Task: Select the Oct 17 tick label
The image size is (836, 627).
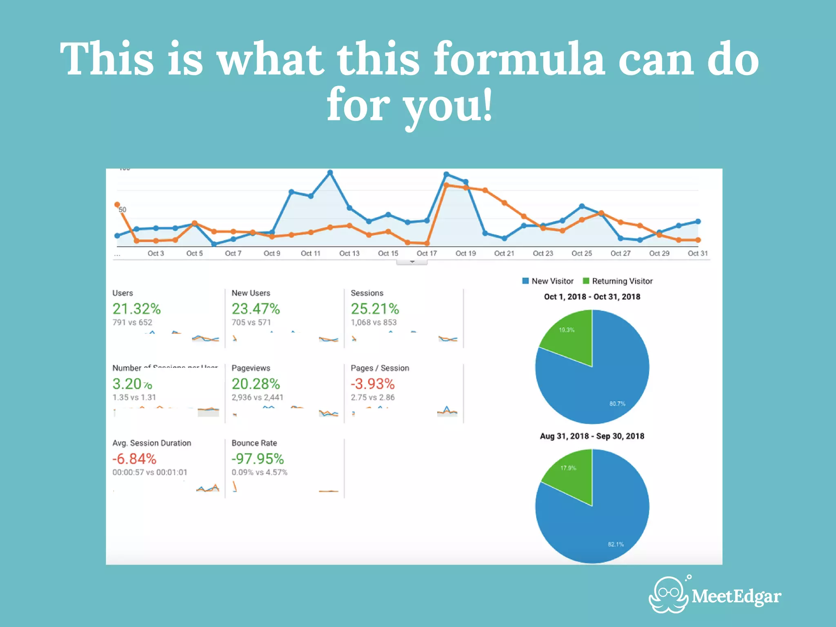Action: point(427,253)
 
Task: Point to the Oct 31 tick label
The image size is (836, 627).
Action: point(698,253)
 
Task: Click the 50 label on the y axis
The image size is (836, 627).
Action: point(122,210)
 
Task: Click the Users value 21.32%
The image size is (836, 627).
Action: point(136,309)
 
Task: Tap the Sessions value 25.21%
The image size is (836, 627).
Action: point(375,309)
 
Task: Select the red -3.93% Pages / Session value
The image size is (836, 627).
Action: point(373,384)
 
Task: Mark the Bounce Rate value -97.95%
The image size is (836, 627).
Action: point(258,459)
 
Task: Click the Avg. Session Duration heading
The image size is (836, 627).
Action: point(151,443)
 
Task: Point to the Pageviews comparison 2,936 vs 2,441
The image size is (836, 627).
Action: point(257,398)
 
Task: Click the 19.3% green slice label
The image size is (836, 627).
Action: point(567,330)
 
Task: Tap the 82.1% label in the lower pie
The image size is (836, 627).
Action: point(616,544)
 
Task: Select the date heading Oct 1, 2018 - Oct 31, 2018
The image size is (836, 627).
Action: point(592,297)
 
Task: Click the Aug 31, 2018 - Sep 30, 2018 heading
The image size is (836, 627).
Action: point(592,436)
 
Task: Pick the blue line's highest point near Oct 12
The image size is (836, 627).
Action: point(330,173)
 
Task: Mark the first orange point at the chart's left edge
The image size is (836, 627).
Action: point(117,205)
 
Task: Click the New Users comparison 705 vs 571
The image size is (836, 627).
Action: point(251,322)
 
